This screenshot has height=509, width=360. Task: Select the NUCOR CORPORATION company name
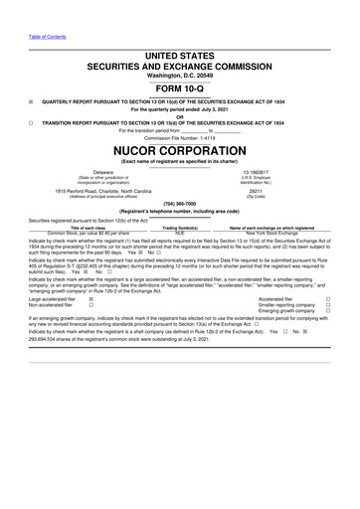coord(179,150)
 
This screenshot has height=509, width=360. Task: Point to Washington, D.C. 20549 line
coord(179,72)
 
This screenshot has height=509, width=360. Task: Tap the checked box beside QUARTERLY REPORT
coord(32,101)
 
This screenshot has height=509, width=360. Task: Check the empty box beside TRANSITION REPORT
coord(32,119)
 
